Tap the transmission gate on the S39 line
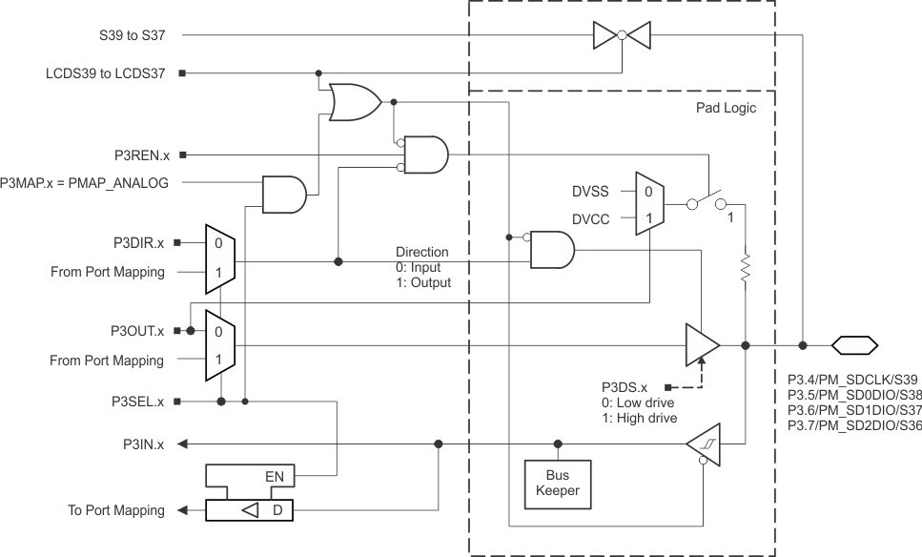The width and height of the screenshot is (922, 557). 621,35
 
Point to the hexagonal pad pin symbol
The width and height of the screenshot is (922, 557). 854,345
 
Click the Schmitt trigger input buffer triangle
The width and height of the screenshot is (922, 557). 704,444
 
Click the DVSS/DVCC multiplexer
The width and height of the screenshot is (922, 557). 648,204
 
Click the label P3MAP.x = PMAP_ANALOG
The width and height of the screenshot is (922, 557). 85,182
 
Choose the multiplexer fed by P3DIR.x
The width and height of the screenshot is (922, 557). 219,257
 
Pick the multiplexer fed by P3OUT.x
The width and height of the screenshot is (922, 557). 219,345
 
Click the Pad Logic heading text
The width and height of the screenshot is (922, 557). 726,108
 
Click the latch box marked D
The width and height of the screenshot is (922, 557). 251,510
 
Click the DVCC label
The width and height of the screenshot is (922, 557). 590,218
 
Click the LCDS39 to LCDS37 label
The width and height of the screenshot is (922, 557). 105,72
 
